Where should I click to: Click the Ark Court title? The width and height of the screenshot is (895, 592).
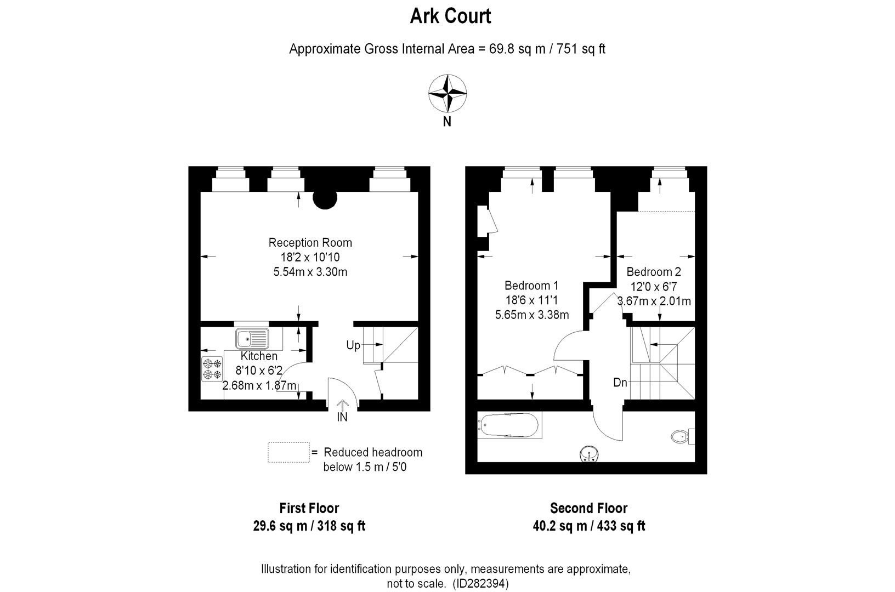pos(450,16)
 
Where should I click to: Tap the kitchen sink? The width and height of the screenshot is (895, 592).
pos(253,339)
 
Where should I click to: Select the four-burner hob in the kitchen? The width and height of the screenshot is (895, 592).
pos(212,368)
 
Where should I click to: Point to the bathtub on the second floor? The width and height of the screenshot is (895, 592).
pos(509,425)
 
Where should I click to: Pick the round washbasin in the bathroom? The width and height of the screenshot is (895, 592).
pos(590,454)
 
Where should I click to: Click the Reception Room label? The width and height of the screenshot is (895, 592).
pos(310,242)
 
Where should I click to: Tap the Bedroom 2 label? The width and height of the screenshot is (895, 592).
pos(654,272)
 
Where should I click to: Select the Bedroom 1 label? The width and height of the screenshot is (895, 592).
pos(531,286)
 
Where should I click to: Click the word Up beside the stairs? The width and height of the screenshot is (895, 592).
pos(353,345)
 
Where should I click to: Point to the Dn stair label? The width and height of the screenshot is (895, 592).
pos(620,383)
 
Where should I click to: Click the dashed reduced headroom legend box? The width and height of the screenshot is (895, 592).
pos(288,452)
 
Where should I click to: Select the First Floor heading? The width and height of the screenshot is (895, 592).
pos(309,508)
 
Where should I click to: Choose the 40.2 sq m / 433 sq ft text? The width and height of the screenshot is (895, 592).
pos(589,526)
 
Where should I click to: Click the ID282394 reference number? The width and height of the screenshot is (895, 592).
pos(482,583)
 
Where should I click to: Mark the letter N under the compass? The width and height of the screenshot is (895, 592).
pos(447,122)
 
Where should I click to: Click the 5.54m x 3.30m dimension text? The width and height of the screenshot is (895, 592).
pos(310,272)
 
